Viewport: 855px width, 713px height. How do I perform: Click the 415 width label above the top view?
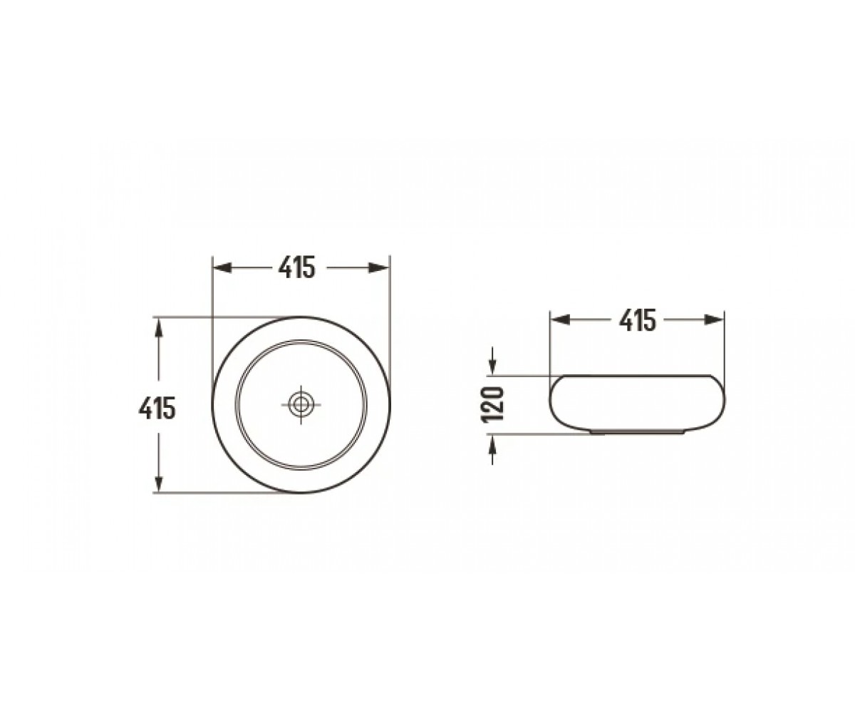pos(297,268)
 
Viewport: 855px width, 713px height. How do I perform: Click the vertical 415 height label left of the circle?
pos(157,408)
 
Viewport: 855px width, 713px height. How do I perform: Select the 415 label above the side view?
pos(638,320)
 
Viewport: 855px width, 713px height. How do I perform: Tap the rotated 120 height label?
pos(492,404)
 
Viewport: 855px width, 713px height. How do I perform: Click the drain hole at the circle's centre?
pos(301,405)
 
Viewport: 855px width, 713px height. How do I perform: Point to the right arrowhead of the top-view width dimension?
pos(379,268)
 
